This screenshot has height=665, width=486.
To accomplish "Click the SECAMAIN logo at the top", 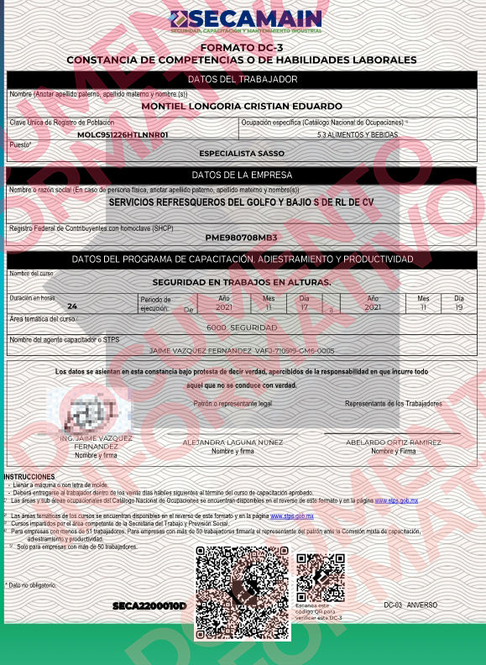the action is coord(244,21).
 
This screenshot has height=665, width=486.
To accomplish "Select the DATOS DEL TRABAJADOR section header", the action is coord(243,80).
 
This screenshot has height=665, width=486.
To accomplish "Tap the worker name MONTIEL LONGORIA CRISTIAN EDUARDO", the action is coord(242,107).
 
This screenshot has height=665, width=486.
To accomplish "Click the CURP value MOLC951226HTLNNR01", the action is coord(123,134).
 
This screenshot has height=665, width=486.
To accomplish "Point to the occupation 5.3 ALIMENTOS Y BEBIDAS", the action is coord(358,134).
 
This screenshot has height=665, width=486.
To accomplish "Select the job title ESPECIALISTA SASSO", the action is coord(242,154).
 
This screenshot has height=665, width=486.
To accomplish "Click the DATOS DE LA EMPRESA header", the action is coord(243,175).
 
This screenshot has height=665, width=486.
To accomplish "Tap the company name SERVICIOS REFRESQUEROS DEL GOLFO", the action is coord(242,203).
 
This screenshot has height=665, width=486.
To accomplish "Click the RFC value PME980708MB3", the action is coord(241,238).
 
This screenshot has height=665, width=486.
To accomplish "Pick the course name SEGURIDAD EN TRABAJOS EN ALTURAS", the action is coord(242,282).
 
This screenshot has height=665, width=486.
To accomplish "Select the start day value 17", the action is coord(305,307).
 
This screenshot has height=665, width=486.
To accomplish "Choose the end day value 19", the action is coord(458,307).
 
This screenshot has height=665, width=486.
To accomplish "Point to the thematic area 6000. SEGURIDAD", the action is coord(242,327).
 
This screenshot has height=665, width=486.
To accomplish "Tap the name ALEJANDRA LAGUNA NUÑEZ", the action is coord(233,442).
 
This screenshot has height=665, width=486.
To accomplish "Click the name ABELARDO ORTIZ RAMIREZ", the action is coord(394,442).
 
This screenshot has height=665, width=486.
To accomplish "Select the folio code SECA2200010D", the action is coord(149,605).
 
